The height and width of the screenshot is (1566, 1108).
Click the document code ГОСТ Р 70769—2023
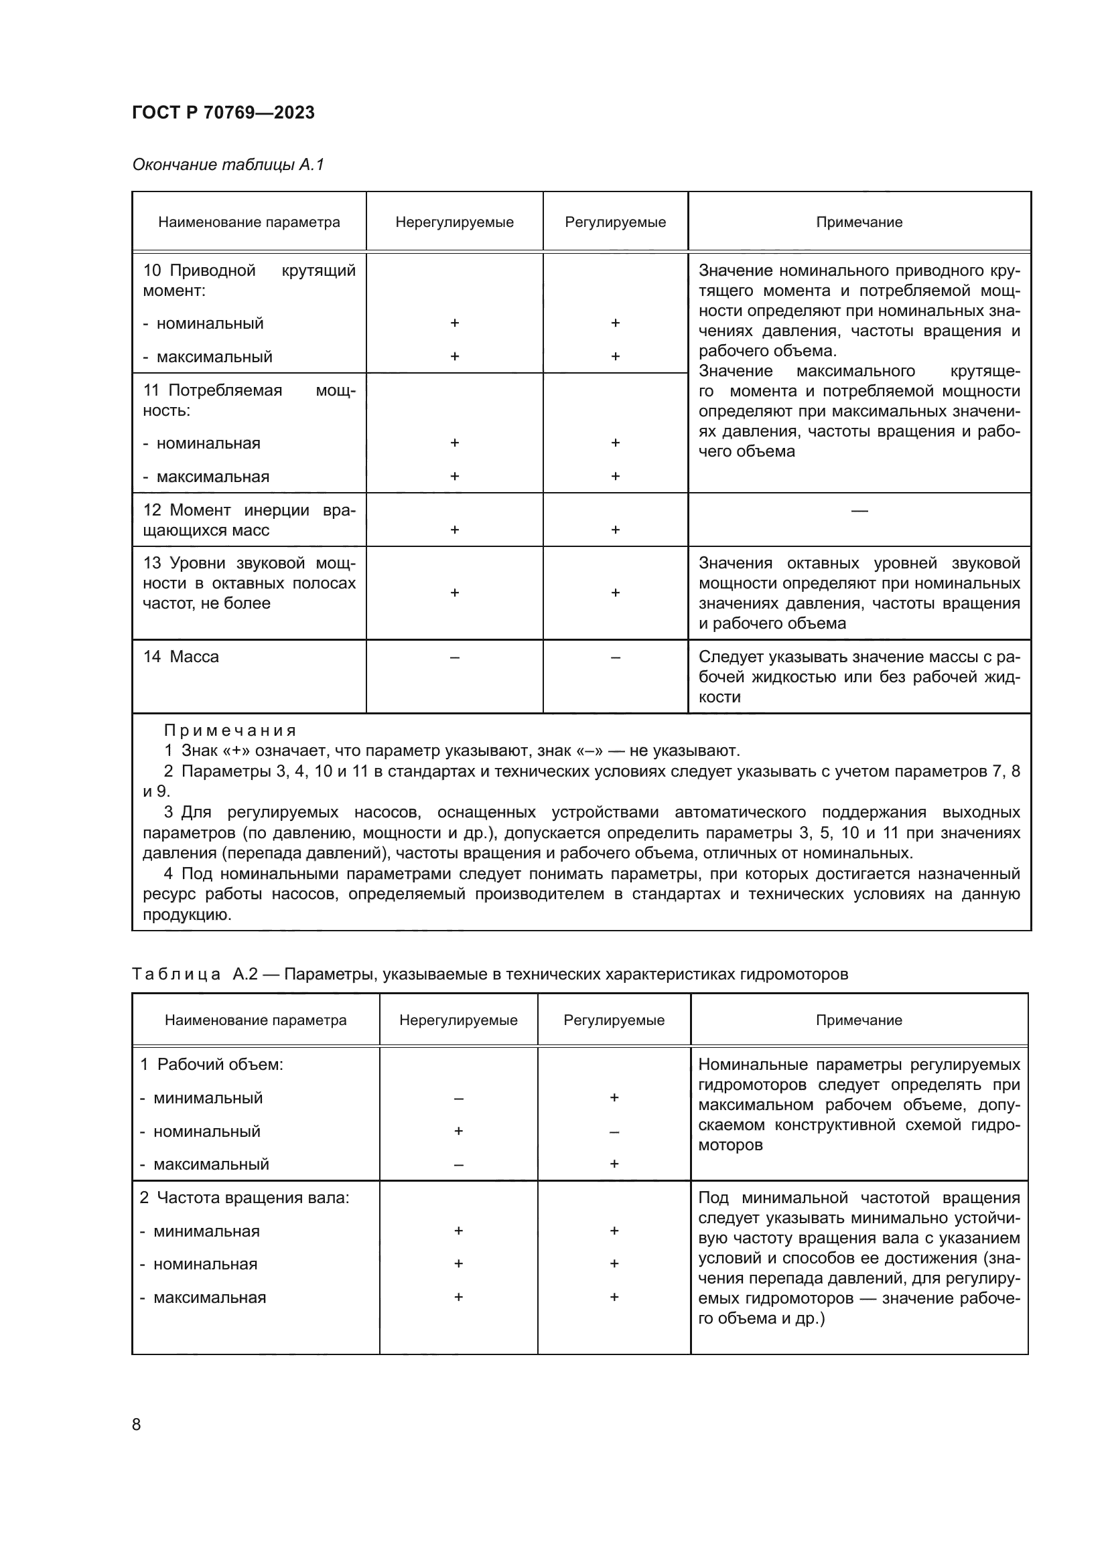point(223,112)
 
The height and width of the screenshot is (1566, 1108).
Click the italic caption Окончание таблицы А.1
point(228,165)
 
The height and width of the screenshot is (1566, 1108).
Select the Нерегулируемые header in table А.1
point(454,222)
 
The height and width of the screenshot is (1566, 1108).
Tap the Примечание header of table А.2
point(858,1020)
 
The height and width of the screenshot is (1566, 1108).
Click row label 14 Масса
point(181,657)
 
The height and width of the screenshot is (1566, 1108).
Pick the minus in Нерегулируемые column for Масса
point(454,657)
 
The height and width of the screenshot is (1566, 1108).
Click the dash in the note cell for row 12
point(859,510)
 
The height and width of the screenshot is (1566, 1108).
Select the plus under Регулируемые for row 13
point(615,593)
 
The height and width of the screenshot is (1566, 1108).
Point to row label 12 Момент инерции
point(249,520)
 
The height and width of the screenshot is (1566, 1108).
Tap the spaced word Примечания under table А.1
point(230,730)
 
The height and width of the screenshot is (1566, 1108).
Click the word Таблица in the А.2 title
point(176,974)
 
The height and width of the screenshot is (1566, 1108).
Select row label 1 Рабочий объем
point(212,1065)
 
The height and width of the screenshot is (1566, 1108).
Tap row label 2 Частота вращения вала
point(245,1198)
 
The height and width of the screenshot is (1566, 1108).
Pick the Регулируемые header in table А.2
point(614,1020)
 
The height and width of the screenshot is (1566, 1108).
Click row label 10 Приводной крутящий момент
point(249,281)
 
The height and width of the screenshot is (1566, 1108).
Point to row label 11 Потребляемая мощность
point(249,400)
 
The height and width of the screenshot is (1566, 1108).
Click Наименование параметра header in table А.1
point(249,222)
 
